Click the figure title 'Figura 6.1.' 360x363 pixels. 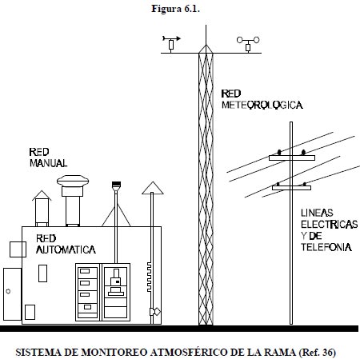pos(176,9)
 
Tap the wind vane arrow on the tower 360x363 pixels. pos(171,38)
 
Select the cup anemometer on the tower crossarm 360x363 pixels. pos(248,40)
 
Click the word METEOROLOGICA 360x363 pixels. pos(262,105)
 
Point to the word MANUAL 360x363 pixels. pos(48,163)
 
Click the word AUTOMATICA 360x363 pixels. pos(66,249)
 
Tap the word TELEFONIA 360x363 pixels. pos(326,247)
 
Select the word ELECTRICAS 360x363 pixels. pos(330,225)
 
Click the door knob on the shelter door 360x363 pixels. pos(8,291)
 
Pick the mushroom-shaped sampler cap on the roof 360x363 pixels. pos(73,181)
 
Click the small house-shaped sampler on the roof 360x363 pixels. pos(42,209)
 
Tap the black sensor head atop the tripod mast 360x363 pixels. pos(116,184)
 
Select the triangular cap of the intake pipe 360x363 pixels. pos(153,188)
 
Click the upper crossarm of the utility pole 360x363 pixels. pos(292,158)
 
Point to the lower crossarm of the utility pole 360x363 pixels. pos(291,188)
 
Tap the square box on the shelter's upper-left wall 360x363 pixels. pos(18,249)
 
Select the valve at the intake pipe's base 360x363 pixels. pos(155,312)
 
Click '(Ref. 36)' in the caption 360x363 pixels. pos(317,353)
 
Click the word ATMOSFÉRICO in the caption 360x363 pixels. pos(189,353)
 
